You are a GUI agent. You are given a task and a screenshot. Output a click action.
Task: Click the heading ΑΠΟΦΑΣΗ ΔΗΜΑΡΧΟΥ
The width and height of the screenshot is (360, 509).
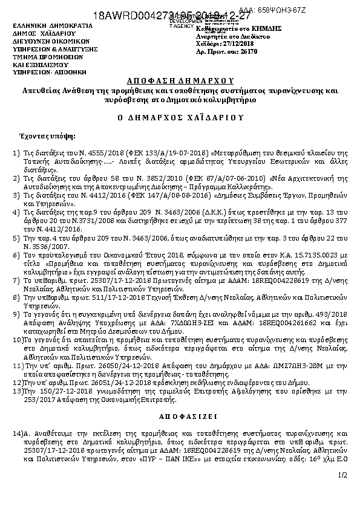point(179,80)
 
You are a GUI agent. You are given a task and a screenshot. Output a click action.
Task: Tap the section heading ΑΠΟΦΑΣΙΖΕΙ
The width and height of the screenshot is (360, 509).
point(180,417)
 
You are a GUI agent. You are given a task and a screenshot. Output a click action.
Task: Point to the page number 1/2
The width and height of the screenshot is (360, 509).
point(344,477)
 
